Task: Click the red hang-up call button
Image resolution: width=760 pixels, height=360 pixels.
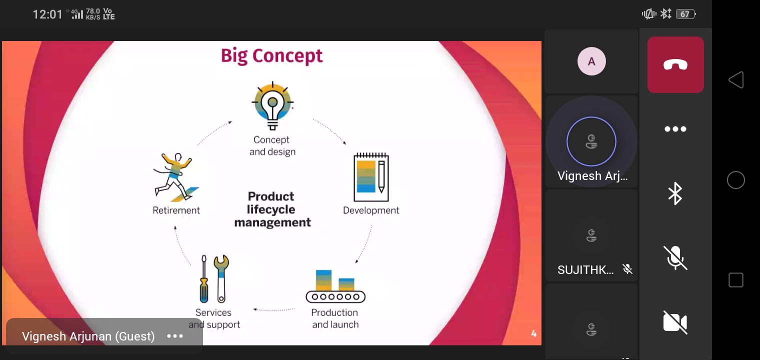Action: point(675,64)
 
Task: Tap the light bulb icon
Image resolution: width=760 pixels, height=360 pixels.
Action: point(272,105)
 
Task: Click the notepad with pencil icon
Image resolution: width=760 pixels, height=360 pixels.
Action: point(371,177)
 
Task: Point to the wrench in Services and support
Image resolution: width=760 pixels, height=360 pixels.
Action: point(221,278)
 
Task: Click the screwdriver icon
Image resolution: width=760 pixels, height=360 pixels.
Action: point(204,278)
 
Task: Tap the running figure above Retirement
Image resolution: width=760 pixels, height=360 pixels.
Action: point(176,177)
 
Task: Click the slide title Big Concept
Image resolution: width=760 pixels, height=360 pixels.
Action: point(272,56)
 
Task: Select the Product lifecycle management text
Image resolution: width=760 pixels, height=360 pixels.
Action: point(272,209)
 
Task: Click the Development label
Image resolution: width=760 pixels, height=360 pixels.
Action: point(371,210)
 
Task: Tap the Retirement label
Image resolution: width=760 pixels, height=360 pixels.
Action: point(176,210)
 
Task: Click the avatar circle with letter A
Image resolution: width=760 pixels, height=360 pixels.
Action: point(591,61)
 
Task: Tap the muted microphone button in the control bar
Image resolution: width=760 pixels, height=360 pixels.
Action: point(675,258)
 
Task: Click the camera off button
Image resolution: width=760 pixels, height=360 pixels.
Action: point(675,322)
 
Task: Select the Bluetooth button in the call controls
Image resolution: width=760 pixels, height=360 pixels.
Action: point(675,193)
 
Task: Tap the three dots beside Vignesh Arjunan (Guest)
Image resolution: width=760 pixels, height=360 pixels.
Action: point(175,336)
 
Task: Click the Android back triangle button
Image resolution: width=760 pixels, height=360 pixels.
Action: point(736,79)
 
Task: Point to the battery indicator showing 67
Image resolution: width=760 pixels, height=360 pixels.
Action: point(685,14)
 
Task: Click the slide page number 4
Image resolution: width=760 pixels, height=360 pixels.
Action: point(533,333)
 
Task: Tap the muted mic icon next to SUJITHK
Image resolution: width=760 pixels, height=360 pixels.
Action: point(627,269)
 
